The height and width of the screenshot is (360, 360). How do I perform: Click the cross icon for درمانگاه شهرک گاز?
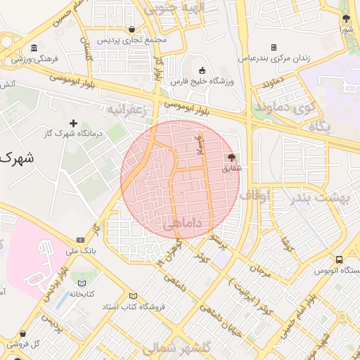click(x=73, y=124)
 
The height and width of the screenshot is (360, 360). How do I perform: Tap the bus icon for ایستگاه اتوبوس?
click(x=339, y=259)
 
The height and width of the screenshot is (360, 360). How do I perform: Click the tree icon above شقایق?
click(x=231, y=157)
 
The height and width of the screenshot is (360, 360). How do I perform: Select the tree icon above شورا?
click(x=345, y=19)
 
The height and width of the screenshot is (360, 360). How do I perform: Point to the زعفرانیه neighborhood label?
click(x=125, y=110)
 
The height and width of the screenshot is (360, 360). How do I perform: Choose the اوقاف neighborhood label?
click(x=255, y=194)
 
